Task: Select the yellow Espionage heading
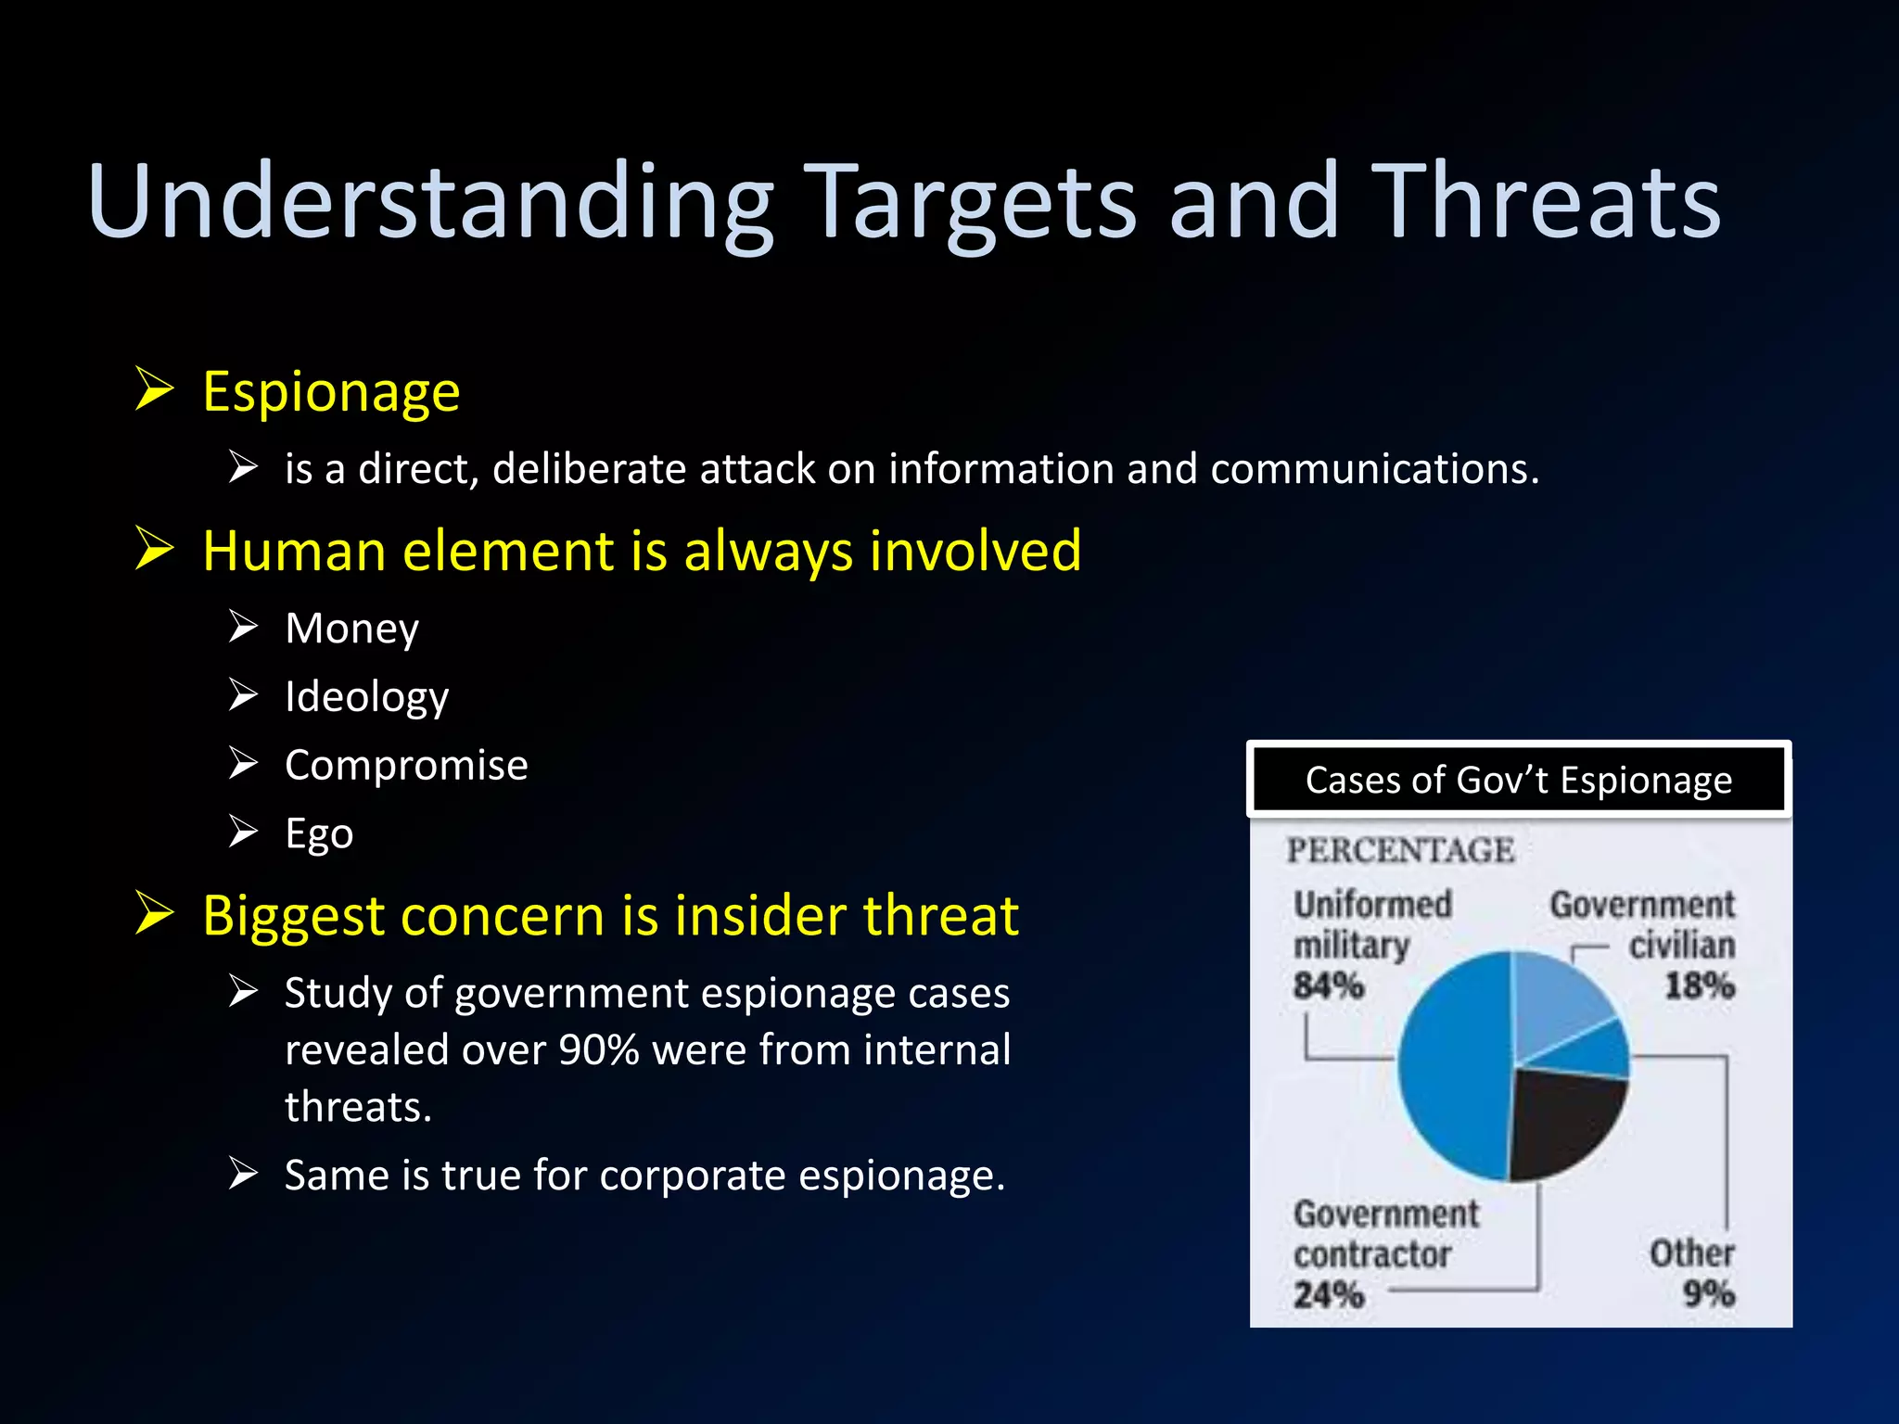(x=331, y=392)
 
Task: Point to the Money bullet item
(x=351, y=629)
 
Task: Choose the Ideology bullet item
(x=366, y=697)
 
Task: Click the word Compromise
(x=406, y=766)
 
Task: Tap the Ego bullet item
(x=319, y=833)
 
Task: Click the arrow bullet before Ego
(x=243, y=832)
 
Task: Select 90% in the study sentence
(x=599, y=1050)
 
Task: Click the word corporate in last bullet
(x=694, y=1176)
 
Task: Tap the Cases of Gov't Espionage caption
(x=1518, y=781)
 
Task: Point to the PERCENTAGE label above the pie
(x=1400, y=850)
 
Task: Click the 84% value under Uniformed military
(x=1329, y=985)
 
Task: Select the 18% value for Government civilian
(x=1699, y=985)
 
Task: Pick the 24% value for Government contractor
(x=1329, y=1294)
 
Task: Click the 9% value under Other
(x=1708, y=1293)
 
